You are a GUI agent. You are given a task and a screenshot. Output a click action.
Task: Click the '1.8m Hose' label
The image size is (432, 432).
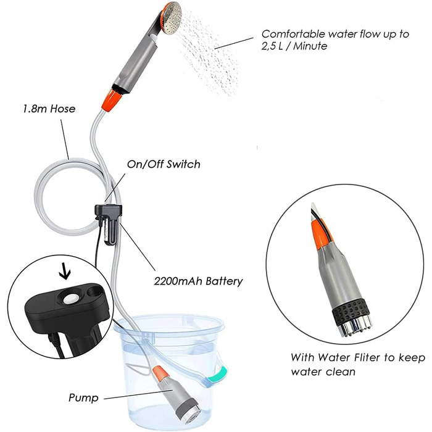[x=49, y=109]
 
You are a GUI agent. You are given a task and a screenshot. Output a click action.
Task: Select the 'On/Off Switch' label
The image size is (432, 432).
[x=164, y=164]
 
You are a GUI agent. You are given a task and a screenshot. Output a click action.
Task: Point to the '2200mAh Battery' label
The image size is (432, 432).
[x=198, y=281]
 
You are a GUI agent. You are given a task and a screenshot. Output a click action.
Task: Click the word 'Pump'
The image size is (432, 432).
[x=83, y=398]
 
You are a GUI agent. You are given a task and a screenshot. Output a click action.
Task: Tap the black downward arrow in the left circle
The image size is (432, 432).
[x=65, y=271]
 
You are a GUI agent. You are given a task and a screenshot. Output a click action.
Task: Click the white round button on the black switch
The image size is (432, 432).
[x=71, y=299]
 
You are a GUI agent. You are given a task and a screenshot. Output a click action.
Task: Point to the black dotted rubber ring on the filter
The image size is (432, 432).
[x=351, y=309]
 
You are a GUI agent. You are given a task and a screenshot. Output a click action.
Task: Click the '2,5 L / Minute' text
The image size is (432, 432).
[x=294, y=46]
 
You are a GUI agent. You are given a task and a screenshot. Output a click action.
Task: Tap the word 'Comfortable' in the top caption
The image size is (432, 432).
[x=293, y=34]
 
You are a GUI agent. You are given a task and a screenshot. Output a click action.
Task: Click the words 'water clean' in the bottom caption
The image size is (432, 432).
[x=323, y=372]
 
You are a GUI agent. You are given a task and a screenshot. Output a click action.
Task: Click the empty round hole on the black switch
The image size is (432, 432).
[x=94, y=291]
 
